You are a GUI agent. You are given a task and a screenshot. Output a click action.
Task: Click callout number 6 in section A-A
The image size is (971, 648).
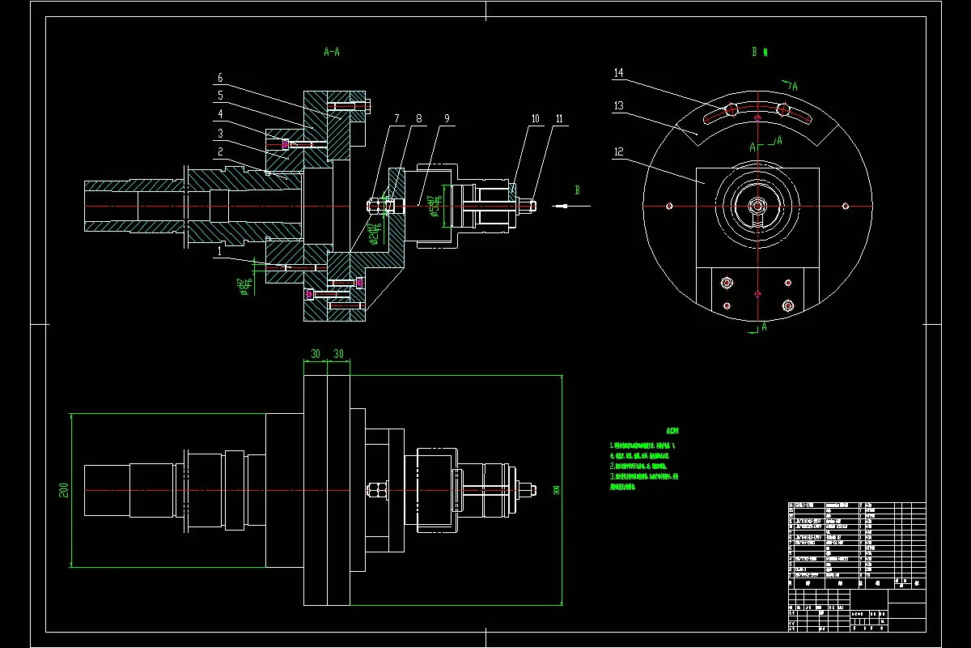(x=219, y=79)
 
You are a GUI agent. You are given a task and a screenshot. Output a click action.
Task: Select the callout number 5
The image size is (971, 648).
(x=219, y=96)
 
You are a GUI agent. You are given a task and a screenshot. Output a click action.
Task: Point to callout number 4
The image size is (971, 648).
(x=219, y=113)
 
